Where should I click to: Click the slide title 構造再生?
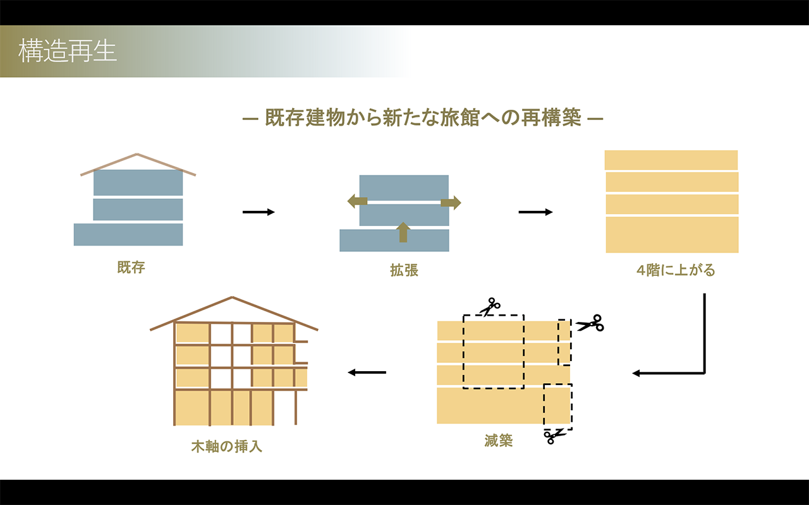coord(68,51)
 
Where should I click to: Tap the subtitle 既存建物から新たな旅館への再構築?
coord(423,118)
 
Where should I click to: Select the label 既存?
coord(131,268)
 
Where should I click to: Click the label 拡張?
coord(404,271)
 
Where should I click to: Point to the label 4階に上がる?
coord(676,271)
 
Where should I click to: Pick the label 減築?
coord(499,441)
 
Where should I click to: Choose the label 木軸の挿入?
coord(226,447)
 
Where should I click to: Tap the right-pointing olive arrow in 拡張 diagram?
coord(451,203)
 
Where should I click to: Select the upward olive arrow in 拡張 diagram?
coord(403,232)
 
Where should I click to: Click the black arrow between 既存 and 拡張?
coord(259,212)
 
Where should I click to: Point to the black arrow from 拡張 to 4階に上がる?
coord(535,212)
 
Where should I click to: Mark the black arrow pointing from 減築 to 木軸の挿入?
coord(367,372)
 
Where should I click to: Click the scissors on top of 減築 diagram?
coord(489,307)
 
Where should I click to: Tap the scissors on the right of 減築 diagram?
coord(590,324)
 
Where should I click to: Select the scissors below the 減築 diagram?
coord(554,436)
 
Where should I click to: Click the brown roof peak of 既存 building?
coord(137,155)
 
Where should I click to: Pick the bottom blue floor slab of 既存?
coord(128,234)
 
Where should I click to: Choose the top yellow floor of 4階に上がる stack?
coord(671,160)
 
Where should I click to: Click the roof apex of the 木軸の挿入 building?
coord(233,297)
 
